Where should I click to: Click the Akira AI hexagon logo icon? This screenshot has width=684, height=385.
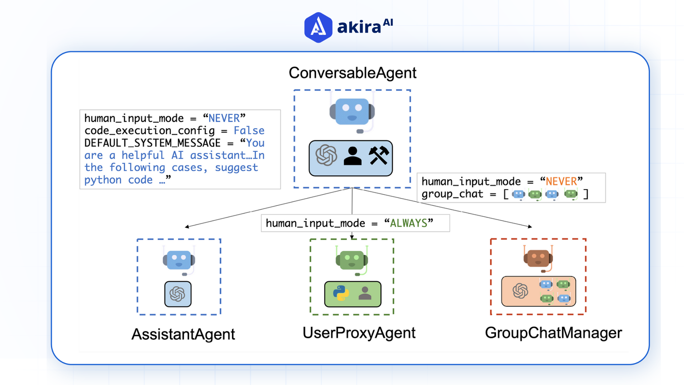[x=318, y=27]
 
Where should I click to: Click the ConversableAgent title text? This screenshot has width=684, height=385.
[x=352, y=73]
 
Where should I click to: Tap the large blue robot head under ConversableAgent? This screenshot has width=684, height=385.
[x=352, y=112]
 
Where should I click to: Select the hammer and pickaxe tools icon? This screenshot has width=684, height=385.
[x=378, y=155]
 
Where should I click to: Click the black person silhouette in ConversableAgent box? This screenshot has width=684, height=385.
[x=352, y=156]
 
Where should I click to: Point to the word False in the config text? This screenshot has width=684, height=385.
[x=249, y=130]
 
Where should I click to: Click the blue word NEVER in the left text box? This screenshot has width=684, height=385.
[x=224, y=118]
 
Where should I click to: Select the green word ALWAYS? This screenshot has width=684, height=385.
[x=409, y=223]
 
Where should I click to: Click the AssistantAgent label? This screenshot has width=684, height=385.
[x=183, y=334]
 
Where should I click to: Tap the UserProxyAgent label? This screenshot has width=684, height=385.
[x=359, y=333]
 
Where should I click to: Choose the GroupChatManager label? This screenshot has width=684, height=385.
[x=553, y=333]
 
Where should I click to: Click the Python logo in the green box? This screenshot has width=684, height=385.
[x=341, y=293]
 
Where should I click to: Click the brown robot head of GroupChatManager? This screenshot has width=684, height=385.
[x=538, y=258]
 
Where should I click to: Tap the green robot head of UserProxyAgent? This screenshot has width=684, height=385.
[x=352, y=260]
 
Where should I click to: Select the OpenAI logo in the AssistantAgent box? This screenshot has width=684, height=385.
[x=177, y=294]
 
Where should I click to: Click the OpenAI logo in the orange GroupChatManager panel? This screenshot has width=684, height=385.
[x=520, y=291]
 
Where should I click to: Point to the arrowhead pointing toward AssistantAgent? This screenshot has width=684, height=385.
[x=187, y=227]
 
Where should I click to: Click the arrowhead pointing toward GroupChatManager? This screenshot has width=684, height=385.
[x=530, y=226]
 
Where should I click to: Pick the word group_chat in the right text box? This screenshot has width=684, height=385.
[x=452, y=194]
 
